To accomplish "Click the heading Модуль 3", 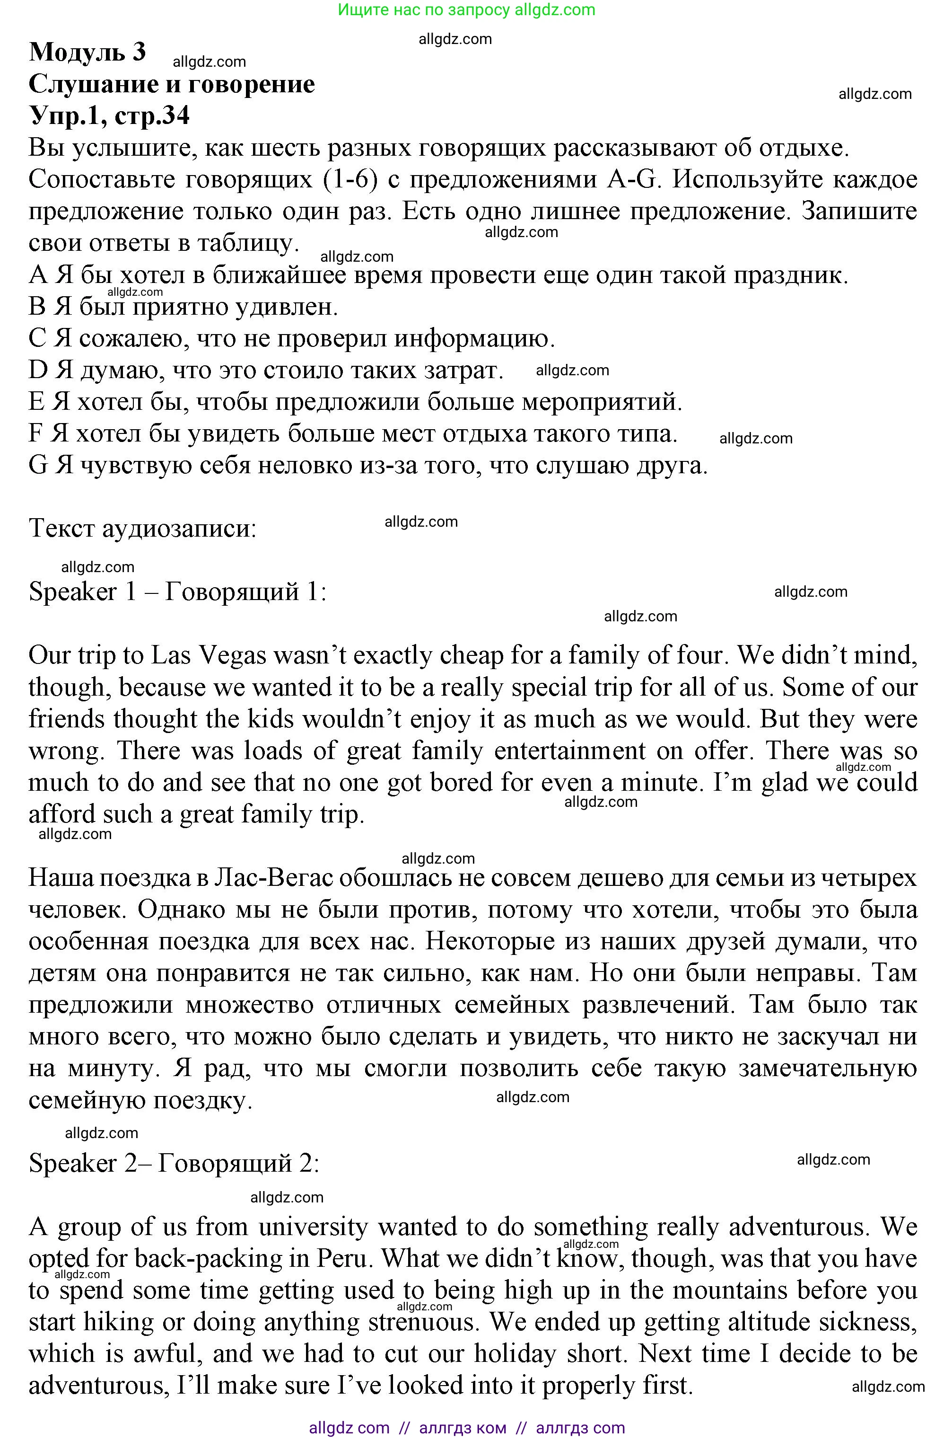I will pos(87,52).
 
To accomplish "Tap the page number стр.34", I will pos(151,115).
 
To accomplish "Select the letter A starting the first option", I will pos(37,276).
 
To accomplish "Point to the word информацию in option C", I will pos(475,339).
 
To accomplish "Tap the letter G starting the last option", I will pos(37,465).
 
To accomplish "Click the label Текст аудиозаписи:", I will pos(143,529).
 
